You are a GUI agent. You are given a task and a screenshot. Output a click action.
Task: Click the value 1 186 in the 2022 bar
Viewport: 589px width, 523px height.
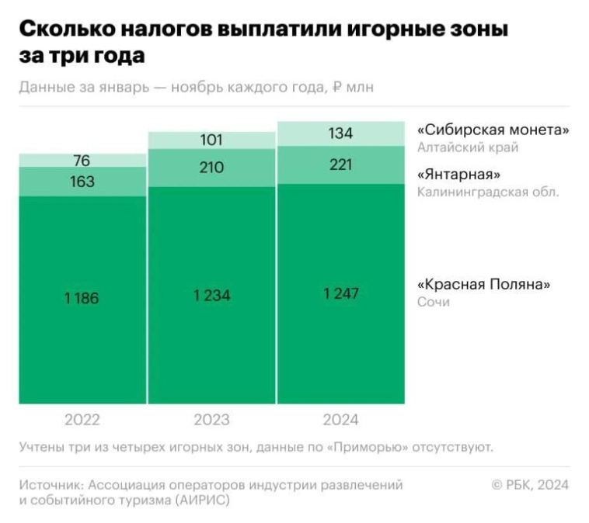click(82, 298)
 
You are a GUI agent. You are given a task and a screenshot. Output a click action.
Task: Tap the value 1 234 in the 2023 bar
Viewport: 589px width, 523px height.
click(211, 296)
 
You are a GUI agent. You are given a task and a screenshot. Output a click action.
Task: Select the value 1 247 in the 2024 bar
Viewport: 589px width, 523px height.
click(340, 293)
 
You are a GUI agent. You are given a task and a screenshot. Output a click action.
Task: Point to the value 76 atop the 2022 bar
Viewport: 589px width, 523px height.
click(82, 161)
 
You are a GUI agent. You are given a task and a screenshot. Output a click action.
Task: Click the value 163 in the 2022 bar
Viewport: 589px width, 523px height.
click(82, 182)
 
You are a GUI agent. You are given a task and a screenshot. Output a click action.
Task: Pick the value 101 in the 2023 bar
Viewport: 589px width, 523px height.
click(211, 140)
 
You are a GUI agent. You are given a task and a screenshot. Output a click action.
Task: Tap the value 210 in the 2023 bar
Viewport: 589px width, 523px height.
click(211, 168)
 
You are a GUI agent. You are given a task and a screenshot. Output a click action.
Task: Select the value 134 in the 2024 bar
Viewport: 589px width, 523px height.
click(340, 133)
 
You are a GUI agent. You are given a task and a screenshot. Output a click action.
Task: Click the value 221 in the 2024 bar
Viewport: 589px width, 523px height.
click(340, 165)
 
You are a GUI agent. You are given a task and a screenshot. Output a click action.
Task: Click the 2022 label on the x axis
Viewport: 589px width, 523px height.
click(82, 420)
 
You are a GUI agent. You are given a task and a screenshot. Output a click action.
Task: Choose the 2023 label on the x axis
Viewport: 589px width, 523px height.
click(211, 420)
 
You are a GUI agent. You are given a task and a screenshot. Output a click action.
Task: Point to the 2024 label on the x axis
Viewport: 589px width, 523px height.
click(340, 420)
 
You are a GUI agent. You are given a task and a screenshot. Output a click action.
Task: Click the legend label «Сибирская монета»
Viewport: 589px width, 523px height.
click(493, 130)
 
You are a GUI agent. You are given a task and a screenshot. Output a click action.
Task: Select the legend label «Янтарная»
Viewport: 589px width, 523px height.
click(458, 175)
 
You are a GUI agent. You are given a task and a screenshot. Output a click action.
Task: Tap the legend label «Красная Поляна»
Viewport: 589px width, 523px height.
click(484, 284)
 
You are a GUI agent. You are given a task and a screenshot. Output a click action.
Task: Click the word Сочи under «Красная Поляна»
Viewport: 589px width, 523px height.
click(433, 301)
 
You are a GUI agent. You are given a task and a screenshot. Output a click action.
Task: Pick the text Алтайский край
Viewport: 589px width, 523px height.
click(467, 147)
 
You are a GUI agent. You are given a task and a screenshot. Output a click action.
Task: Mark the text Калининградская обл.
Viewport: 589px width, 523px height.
click(488, 192)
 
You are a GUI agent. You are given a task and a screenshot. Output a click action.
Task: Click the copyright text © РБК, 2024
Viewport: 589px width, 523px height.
click(530, 485)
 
